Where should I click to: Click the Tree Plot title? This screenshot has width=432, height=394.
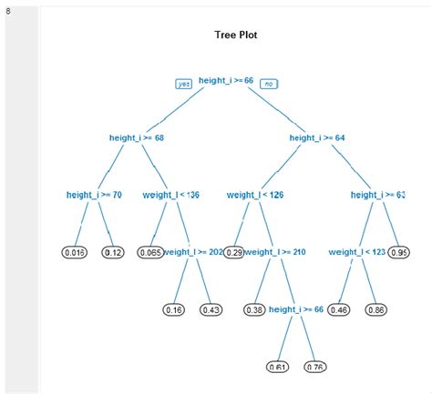point(235,35)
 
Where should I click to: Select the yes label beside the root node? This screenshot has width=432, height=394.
point(183,84)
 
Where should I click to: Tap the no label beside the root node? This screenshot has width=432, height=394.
point(268,84)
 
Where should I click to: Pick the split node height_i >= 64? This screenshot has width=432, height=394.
point(317,138)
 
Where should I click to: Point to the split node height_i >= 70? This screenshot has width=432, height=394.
point(94,194)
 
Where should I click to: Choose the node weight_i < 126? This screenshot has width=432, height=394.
point(255,194)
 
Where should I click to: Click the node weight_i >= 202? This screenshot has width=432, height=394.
point(194,251)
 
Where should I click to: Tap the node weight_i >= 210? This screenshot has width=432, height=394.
point(274,251)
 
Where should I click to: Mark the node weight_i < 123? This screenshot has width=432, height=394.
point(357,251)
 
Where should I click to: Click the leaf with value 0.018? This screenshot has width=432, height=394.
point(75,251)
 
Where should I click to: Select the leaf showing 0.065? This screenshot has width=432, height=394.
point(150,251)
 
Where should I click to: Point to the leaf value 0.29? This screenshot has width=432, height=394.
point(234,251)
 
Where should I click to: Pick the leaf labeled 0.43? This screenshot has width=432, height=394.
point(211,309)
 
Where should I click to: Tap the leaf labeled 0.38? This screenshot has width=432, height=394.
point(255,309)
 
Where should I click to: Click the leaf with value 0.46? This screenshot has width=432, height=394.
point(339,309)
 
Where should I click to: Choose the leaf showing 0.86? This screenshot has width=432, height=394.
point(375,309)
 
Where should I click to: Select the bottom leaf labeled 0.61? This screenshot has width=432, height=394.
point(278,367)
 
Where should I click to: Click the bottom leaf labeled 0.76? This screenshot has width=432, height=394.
point(314,367)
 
